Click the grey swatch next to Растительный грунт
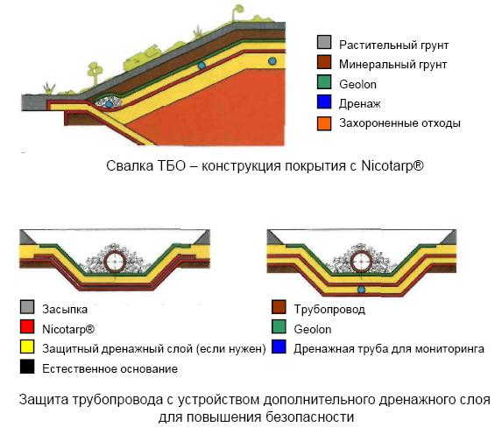[x=324, y=43]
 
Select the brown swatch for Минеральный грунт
[x=324, y=62]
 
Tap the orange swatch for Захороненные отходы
[x=324, y=123]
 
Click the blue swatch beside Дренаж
[x=324, y=101]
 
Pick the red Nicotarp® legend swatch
[x=27, y=326]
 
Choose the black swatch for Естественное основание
[x=27, y=367]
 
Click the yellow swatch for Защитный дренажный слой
[x=27, y=346]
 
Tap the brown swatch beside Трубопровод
[x=279, y=307]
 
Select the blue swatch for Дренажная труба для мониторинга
[x=279, y=346]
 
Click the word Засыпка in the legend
[x=65, y=309]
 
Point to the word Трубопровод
[x=329, y=309]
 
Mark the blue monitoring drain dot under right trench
[x=361, y=290]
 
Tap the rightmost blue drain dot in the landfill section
[x=272, y=60]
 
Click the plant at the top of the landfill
[x=237, y=13]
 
